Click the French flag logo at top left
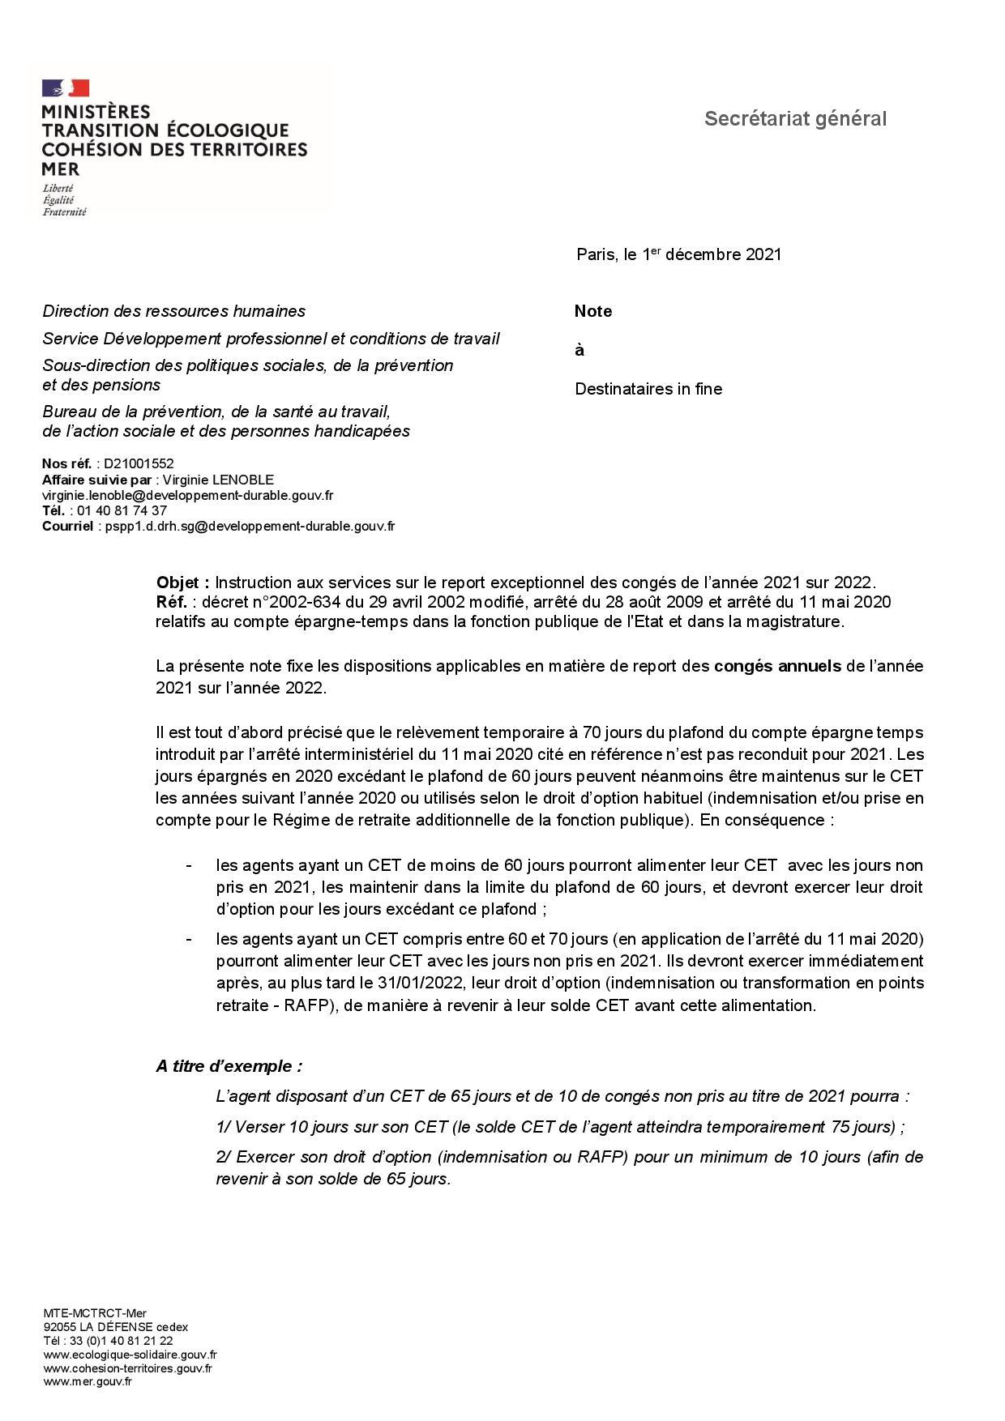66,88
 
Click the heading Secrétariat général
795,119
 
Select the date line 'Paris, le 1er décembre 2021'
678,254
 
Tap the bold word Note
592,311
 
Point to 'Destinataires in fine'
648,389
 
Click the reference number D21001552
139,464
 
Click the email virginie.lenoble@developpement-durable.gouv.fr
187,495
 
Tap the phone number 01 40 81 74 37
122,510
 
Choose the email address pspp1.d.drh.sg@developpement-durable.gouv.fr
250,526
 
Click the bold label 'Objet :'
183,582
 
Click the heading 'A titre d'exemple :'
229,1066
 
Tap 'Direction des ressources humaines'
173,311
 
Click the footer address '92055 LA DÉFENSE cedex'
115,1327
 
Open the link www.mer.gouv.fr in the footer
88,1381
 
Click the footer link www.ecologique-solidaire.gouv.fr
130,1355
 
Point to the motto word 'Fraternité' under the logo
64,212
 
